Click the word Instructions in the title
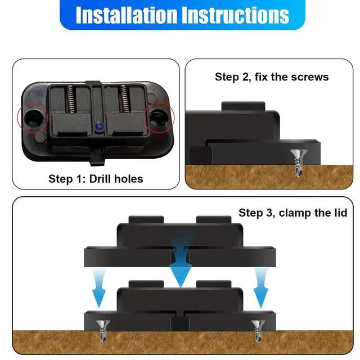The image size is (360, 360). click(x=236, y=15)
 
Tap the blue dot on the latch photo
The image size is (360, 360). click(x=99, y=126)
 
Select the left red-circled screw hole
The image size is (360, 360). click(x=34, y=117)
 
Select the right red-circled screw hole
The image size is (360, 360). click(x=159, y=118)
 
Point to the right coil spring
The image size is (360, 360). click(x=124, y=99)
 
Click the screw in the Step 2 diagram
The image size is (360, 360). click(x=299, y=163)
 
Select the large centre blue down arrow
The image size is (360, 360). click(x=181, y=262)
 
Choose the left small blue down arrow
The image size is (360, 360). click(x=99, y=288)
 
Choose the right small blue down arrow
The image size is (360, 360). click(x=261, y=288)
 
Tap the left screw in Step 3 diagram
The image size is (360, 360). click(x=103, y=330)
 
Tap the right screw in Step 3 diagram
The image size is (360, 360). click(x=258, y=331)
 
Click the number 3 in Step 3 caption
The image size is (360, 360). click(x=269, y=213)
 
